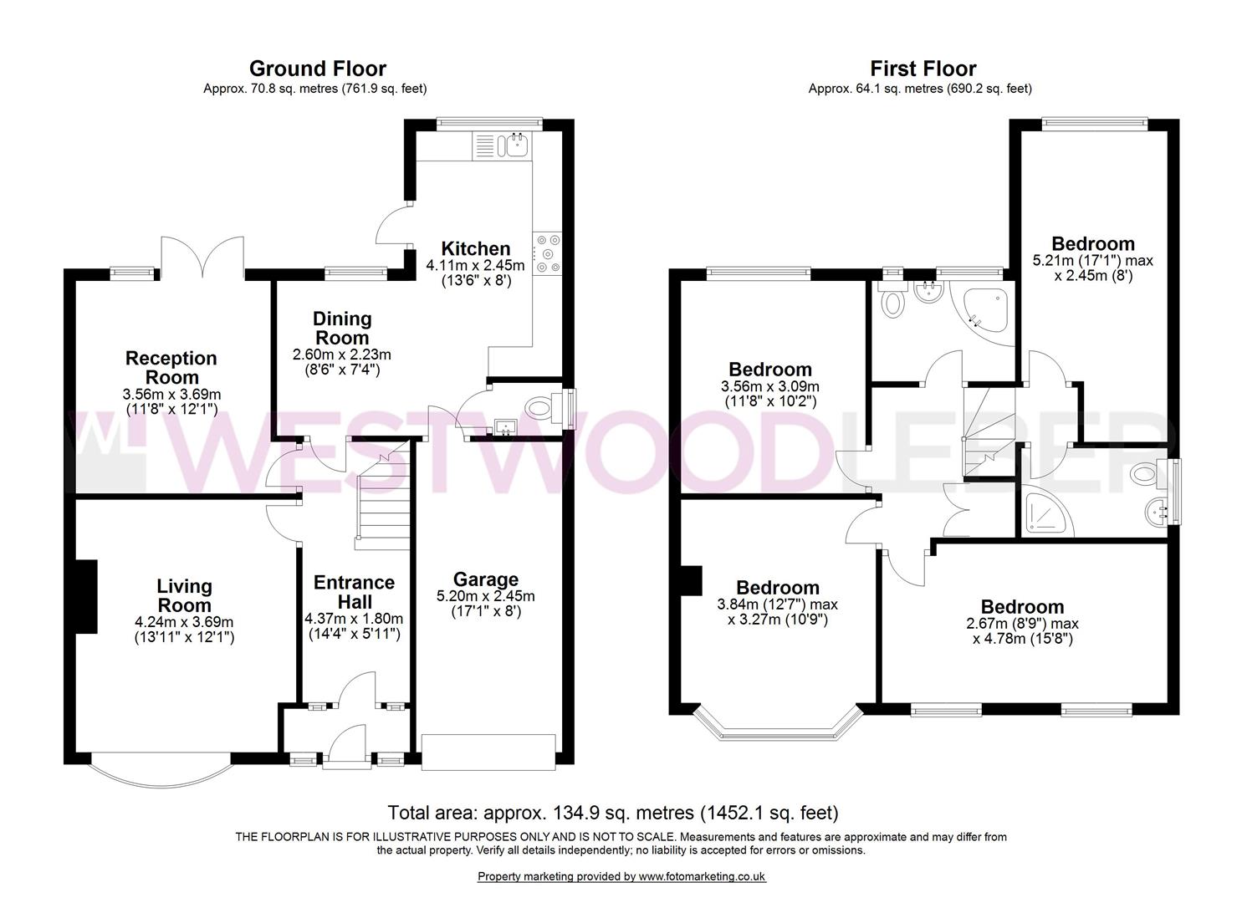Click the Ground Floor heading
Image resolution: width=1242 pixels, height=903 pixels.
(317, 69)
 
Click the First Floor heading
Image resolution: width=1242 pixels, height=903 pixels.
(923, 69)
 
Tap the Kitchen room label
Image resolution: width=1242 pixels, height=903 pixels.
(475, 248)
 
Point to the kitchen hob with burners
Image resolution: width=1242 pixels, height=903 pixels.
(547, 253)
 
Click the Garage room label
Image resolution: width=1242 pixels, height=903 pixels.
(486, 579)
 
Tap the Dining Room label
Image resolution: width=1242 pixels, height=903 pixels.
(342, 328)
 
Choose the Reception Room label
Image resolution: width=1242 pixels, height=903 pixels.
(171, 368)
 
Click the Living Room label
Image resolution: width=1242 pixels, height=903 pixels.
(184, 595)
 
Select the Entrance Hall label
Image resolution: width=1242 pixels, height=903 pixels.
(354, 592)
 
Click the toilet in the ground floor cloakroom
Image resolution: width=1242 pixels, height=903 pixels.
(542, 410)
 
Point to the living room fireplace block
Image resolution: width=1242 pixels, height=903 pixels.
(86, 596)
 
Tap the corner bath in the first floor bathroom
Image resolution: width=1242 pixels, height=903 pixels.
(985, 310)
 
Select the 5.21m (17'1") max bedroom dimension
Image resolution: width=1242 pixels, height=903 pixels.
(1093, 261)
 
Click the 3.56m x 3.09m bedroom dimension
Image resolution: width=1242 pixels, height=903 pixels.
(770, 386)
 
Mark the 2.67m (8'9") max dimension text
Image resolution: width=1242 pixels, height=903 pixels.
(1022, 624)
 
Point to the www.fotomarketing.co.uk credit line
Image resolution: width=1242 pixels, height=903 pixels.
(621, 876)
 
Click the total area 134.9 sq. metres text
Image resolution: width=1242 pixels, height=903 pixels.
(613, 813)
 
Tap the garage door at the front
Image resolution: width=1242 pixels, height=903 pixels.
(488, 752)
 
